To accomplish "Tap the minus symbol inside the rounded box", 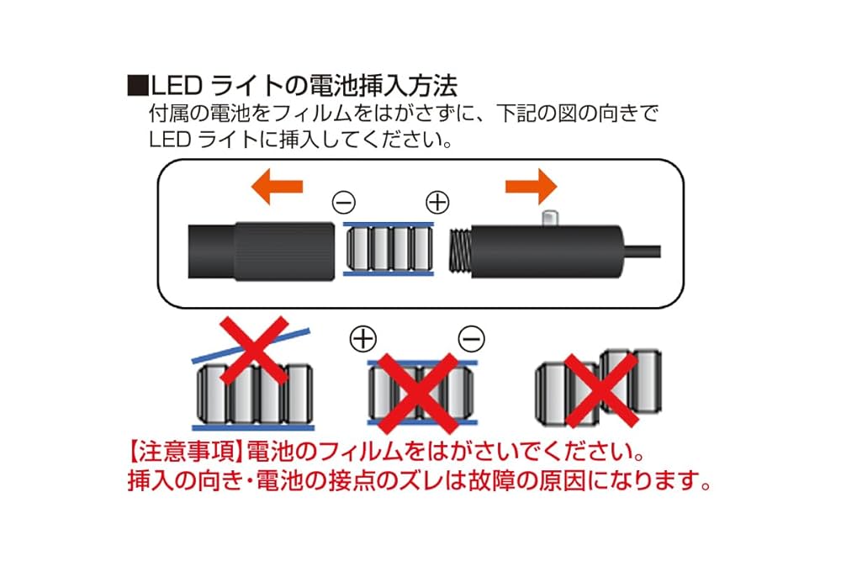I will (345, 203).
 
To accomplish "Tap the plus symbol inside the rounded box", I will (438, 203).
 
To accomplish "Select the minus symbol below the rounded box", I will (471, 338).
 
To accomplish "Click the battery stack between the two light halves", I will (389, 250).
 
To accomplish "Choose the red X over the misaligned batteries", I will (599, 389).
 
